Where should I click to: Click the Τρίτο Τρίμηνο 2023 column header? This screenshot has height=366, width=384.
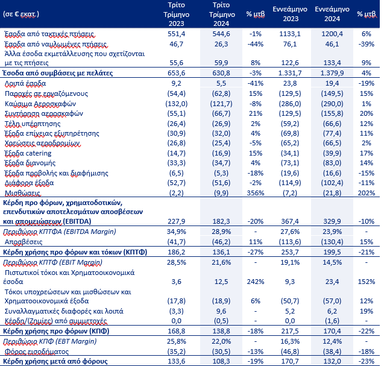pyautogui.click(x=176, y=14)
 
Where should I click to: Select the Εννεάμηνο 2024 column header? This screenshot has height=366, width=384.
pyautogui.click(x=332, y=14)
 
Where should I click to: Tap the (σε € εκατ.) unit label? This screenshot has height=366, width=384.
pyautogui.click(x=21, y=14)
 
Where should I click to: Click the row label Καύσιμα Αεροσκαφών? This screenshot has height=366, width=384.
pyautogui.click(x=40, y=104)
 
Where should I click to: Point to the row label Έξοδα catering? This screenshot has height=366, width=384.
pyautogui.click(x=28, y=153)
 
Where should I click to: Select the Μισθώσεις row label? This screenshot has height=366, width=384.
pyautogui.click(x=22, y=193)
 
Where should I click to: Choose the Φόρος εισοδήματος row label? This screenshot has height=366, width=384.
pyautogui.click(x=37, y=352)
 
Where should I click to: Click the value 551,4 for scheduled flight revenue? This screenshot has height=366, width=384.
pyautogui.click(x=176, y=34)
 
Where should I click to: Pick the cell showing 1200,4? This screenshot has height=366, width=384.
pyautogui.click(x=332, y=34)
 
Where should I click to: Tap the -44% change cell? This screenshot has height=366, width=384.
pyautogui.click(x=256, y=44)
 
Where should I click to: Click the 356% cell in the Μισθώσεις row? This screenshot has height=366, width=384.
pyautogui.click(x=256, y=193)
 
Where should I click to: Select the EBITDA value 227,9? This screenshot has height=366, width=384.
pyautogui.click(x=176, y=221)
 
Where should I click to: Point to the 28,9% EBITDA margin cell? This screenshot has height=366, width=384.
pyautogui.click(x=221, y=232)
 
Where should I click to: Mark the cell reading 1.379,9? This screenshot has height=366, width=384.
pyautogui.click(x=332, y=73)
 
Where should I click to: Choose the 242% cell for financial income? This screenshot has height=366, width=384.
pyautogui.click(x=256, y=282)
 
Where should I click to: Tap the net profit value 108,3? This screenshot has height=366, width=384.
pyautogui.click(x=221, y=361)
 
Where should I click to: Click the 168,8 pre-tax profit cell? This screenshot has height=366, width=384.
pyautogui.click(x=176, y=331)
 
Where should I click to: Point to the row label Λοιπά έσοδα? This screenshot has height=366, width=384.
pyautogui.click(x=25, y=84)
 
